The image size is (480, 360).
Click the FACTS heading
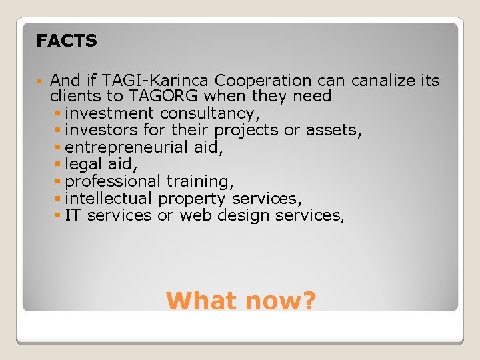[67, 41]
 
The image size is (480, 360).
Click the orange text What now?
[241, 301]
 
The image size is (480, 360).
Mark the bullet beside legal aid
[59, 165]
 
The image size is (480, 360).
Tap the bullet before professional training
[59, 181]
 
